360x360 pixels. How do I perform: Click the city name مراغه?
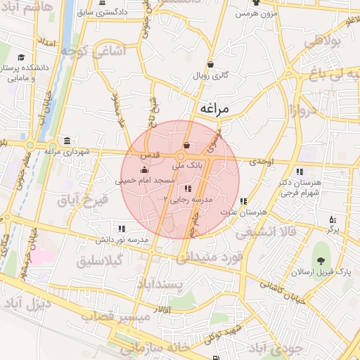coord(216,108)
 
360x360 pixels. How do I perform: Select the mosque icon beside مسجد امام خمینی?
coord(145,169)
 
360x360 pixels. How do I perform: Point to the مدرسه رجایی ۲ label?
coord(184,199)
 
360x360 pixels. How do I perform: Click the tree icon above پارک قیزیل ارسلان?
coord(324,252)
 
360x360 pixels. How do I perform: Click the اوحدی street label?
coord(261,161)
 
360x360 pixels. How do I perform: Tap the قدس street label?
coord(152,154)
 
